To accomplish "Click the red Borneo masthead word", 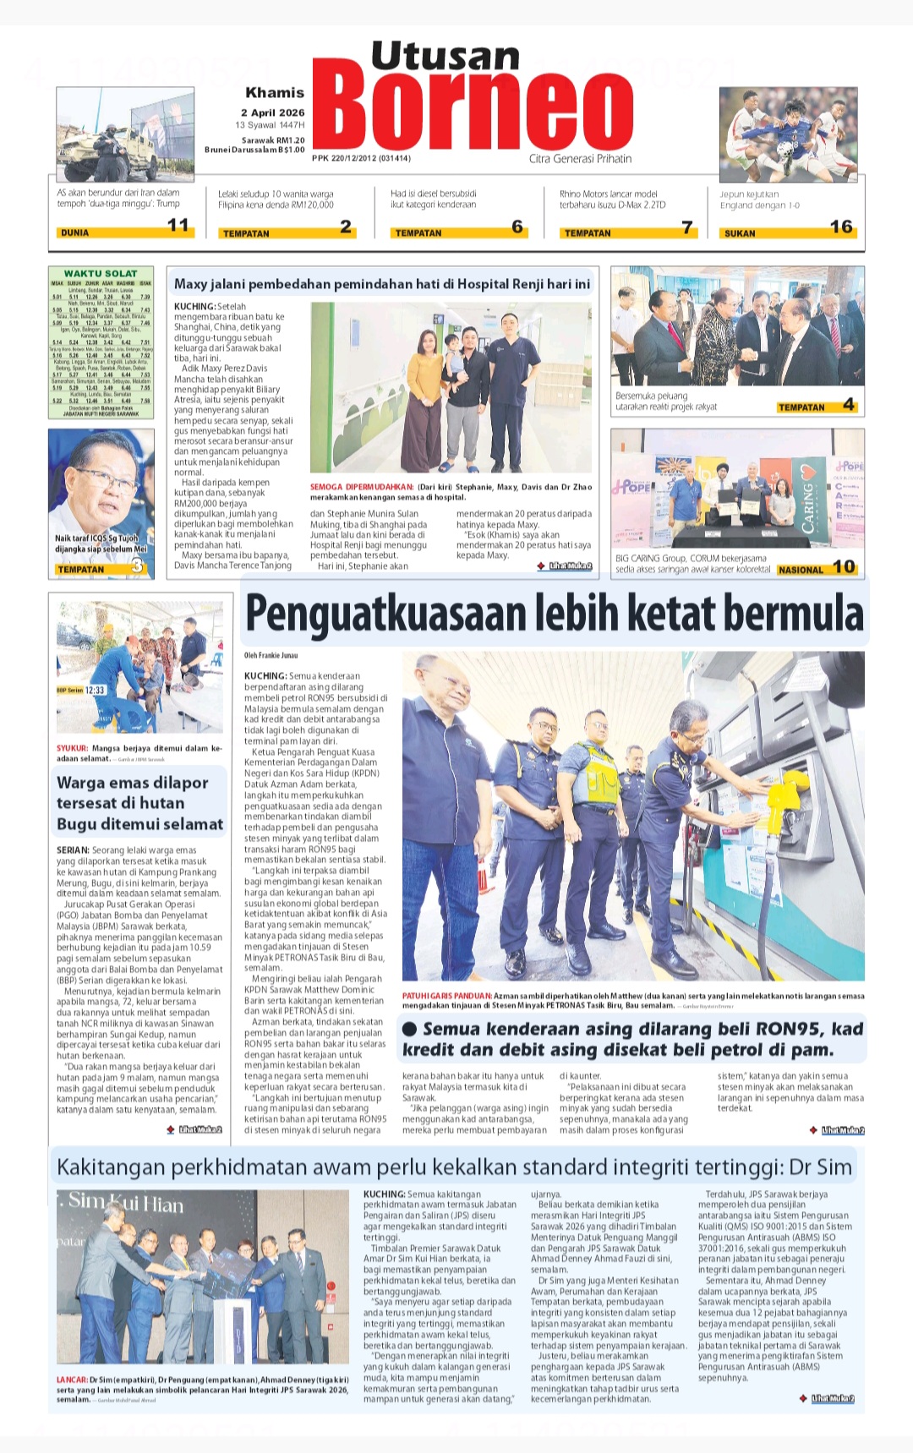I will pos(478,111).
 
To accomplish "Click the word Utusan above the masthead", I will pos(445,57).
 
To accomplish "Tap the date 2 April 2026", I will pos(272,112).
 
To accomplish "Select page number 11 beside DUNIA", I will pos(178,226).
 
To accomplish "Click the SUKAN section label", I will pos(740,233).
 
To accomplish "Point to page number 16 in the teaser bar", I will pos(840,227).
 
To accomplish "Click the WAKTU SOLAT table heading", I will pos(101,273).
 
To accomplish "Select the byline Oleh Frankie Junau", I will pos(271,655).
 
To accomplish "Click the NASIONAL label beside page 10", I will pos(800,570).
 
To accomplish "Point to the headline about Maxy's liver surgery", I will pos(382,284).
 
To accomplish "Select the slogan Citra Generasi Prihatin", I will pos(580,158).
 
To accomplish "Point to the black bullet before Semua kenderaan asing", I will pos(410,1029).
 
